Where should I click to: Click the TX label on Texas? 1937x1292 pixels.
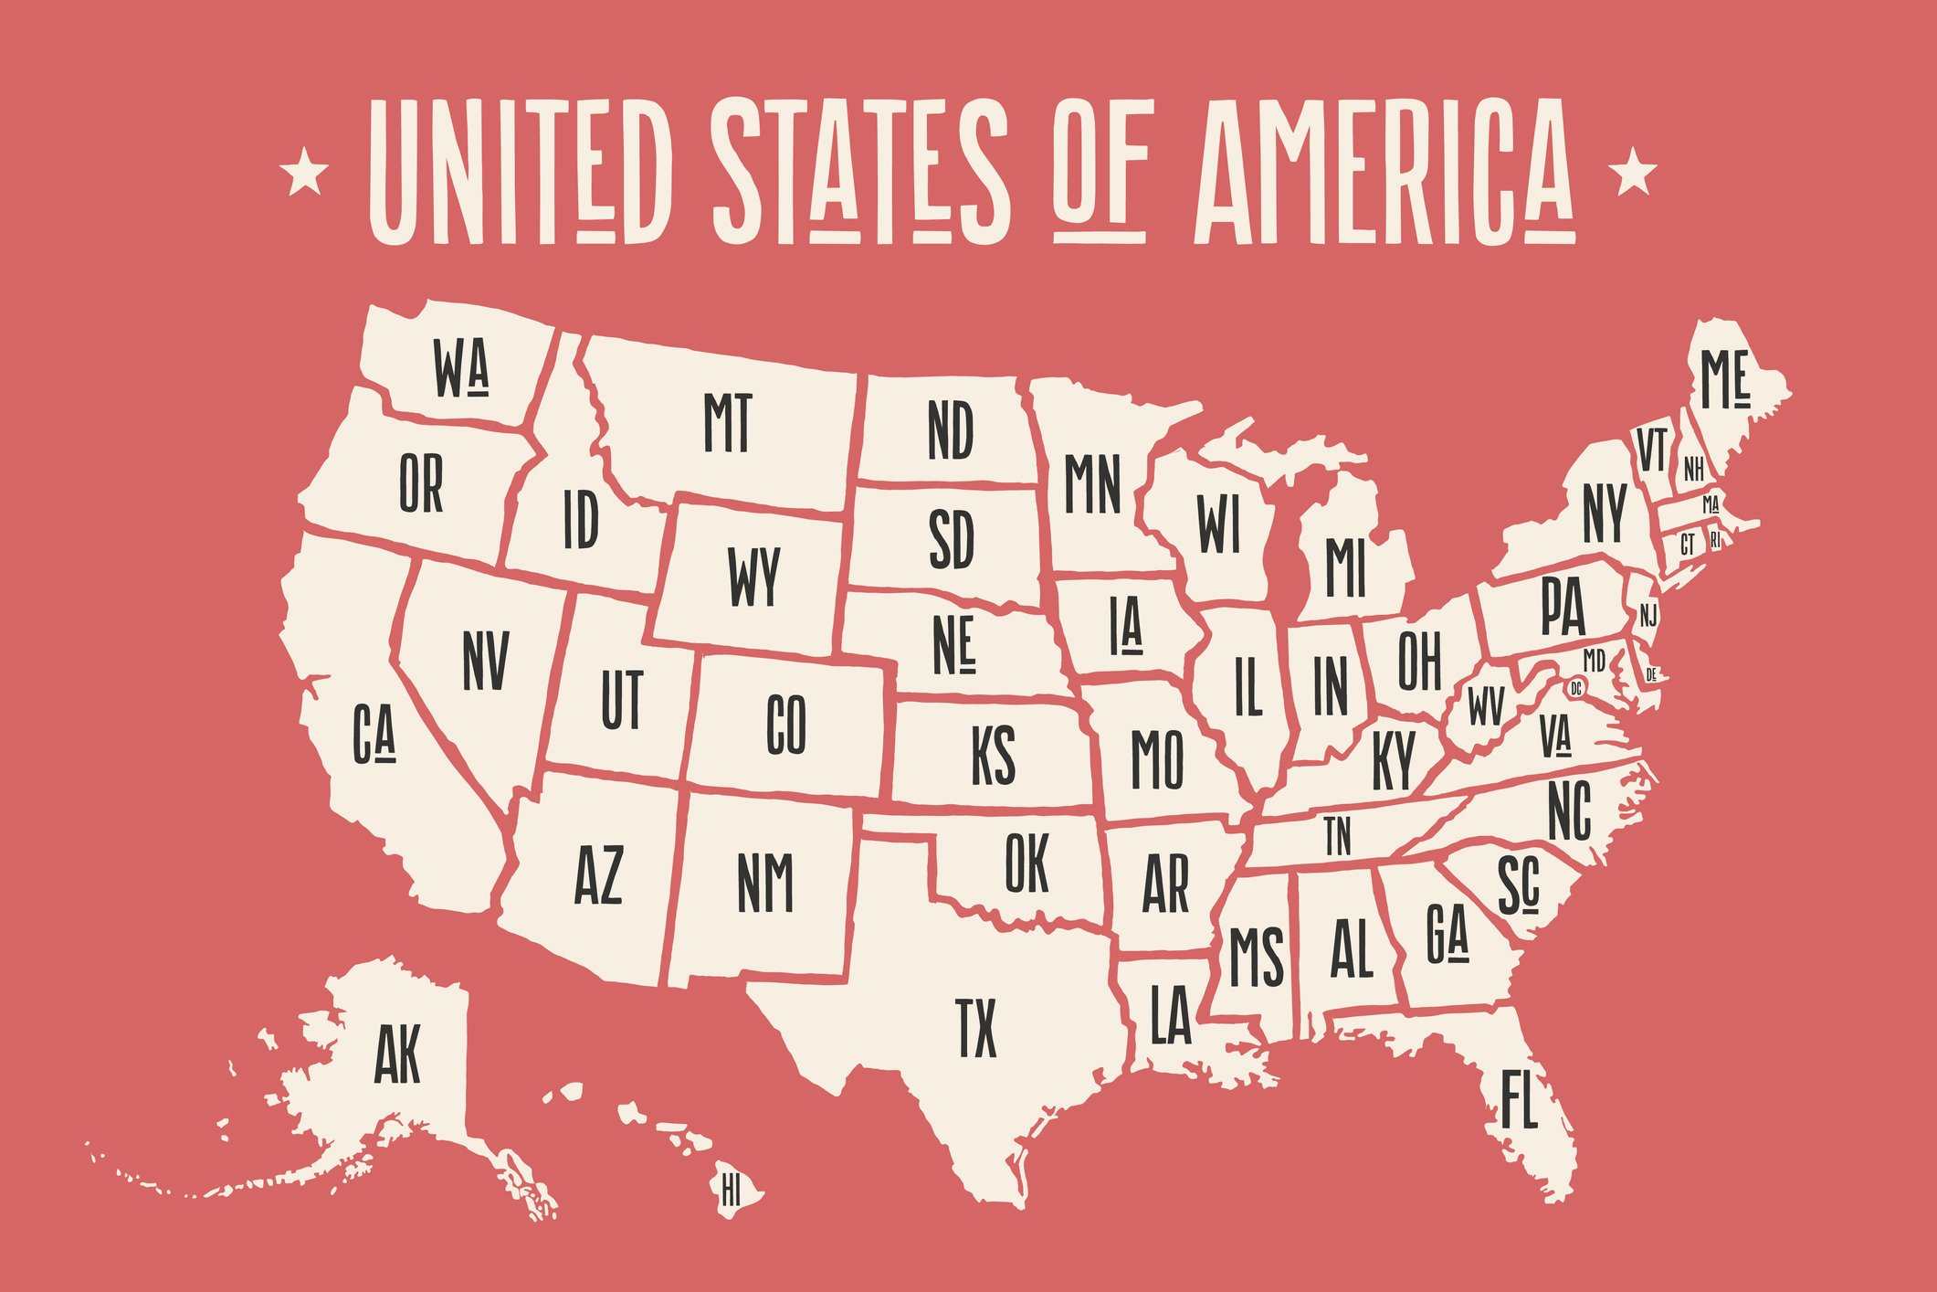tap(976, 1027)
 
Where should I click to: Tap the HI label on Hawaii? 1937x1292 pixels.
tap(731, 1191)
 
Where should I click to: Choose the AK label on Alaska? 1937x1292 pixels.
tap(397, 1054)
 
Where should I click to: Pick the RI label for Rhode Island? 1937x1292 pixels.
tap(1715, 540)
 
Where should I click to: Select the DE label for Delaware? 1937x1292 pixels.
tap(1651, 675)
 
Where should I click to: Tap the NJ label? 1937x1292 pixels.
tap(1648, 616)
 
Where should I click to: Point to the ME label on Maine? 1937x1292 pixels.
tap(1723, 381)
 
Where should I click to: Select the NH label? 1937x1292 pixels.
tap(1693, 470)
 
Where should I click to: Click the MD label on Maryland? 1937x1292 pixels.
tap(1594, 659)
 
